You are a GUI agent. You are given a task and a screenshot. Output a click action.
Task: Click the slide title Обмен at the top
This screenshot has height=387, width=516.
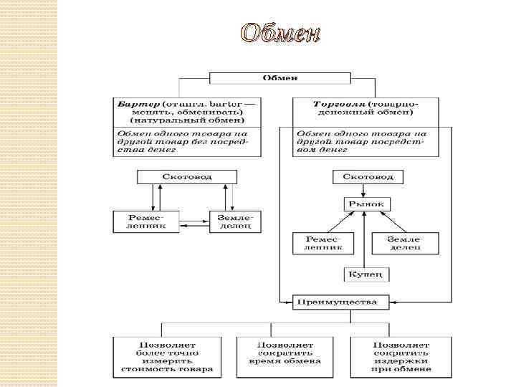279,33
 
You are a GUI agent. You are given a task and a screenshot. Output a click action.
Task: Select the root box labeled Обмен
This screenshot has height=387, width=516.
279,77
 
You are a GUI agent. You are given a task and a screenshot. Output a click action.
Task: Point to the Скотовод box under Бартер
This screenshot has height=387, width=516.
186,176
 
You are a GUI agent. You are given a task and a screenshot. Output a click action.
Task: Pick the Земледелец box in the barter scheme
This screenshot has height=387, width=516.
234,221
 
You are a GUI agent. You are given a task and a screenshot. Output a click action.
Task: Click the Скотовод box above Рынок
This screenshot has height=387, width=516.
368,176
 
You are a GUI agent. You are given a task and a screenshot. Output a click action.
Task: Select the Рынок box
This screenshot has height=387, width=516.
367,204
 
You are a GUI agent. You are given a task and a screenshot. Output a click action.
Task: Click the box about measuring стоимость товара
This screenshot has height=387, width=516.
167,357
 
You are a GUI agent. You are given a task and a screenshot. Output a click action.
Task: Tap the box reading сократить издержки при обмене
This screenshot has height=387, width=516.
401,357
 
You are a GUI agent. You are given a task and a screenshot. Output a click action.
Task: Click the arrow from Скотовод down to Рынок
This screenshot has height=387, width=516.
367,190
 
